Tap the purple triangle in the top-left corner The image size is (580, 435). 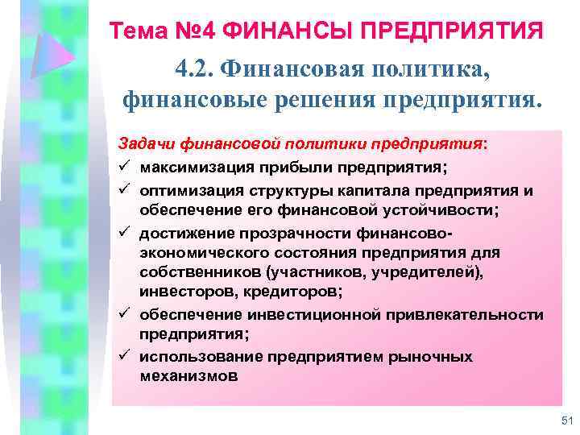click(55, 56)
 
